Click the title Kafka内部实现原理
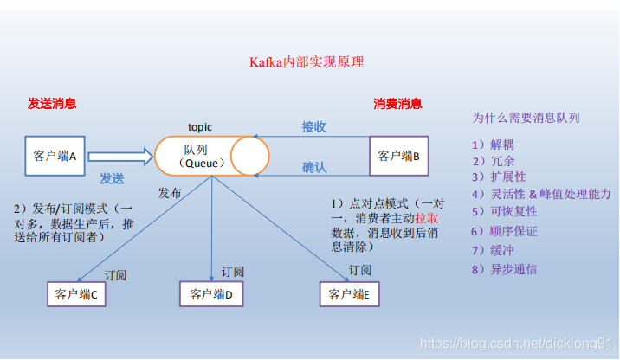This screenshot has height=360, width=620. (307, 62)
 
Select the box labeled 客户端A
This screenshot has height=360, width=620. (55, 156)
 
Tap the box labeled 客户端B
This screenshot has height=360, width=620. (399, 156)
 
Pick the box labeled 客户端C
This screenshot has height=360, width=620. (76, 294)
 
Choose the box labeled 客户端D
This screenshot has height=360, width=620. (212, 294)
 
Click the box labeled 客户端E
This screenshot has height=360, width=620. (350, 294)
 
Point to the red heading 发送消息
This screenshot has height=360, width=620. (52, 104)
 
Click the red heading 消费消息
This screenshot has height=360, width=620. (398, 104)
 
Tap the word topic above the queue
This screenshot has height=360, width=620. (201, 126)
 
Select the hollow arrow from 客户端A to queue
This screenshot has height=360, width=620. (120, 157)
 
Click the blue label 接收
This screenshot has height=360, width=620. (313, 127)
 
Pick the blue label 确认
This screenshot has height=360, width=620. (313, 167)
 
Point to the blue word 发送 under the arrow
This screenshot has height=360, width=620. (111, 179)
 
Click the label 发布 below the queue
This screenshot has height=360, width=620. (170, 192)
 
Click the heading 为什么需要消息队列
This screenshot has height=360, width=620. (525, 117)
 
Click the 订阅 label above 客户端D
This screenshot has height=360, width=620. (233, 272)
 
